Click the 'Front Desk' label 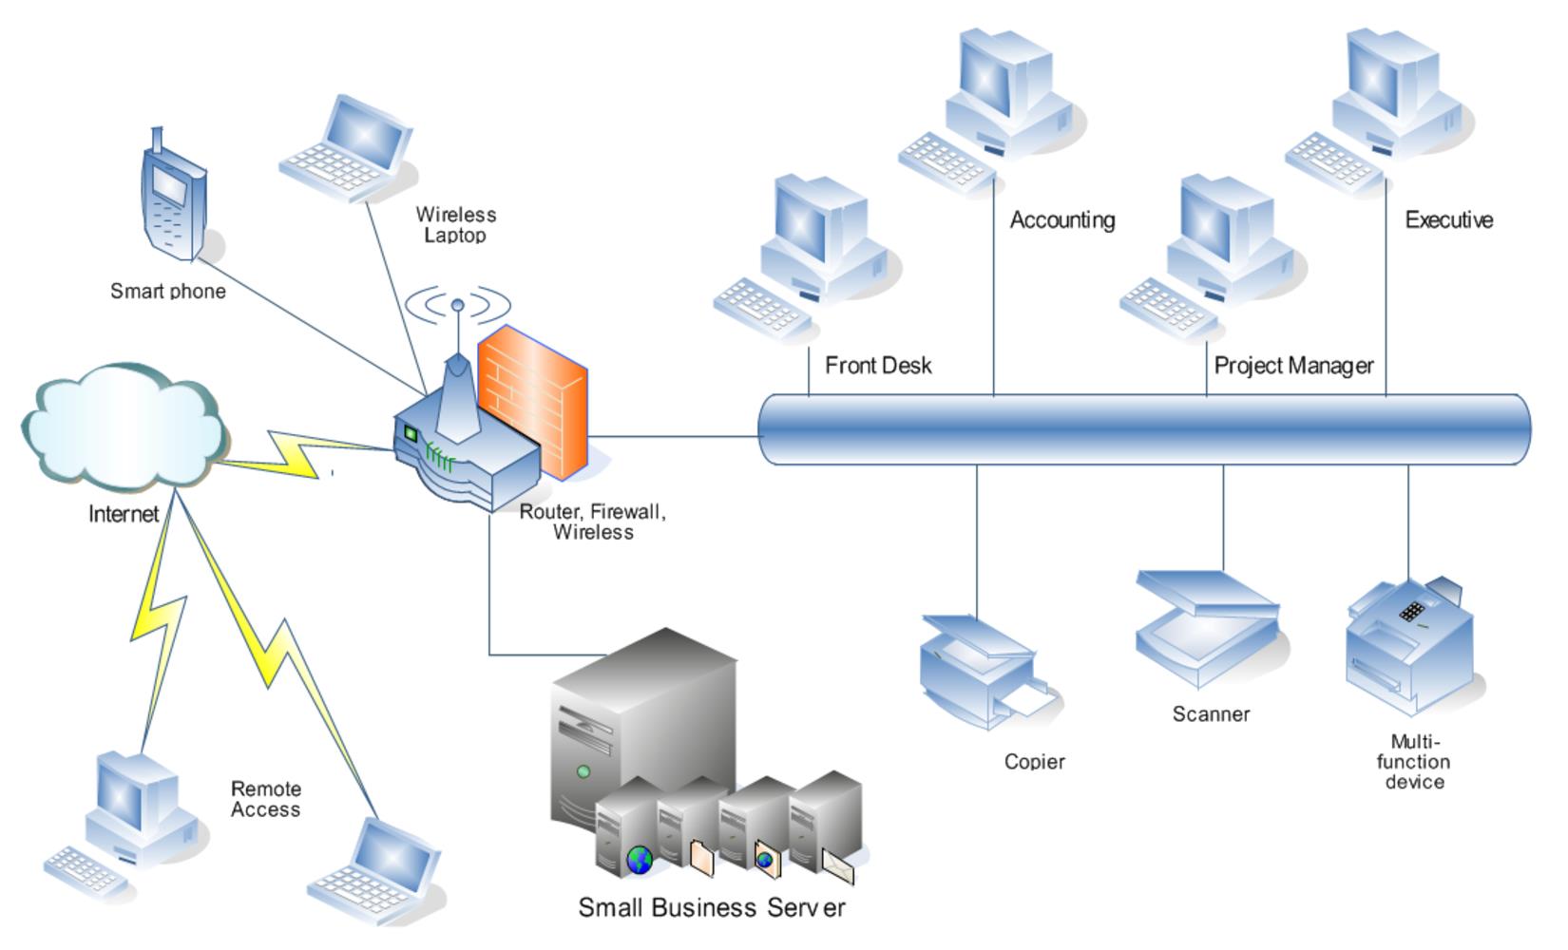[x=878, y=366]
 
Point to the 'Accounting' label [x=1062, y=220]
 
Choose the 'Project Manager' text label [x=1293, y=366]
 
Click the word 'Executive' [x=1449, y=220]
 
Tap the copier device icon [x=985, y=671]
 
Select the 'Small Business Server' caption [x=712, y=907]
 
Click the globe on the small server [x=640, y=861]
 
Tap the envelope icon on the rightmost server [x=837, y=866]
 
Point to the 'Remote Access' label [x=266, y=799]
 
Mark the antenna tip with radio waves [x=457, y=306]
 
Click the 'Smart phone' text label [x=168, y=292]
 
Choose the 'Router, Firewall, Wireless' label [x=593, y=522]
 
